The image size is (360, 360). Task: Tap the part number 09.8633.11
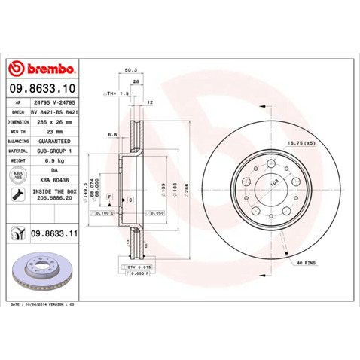click(55, 234)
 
